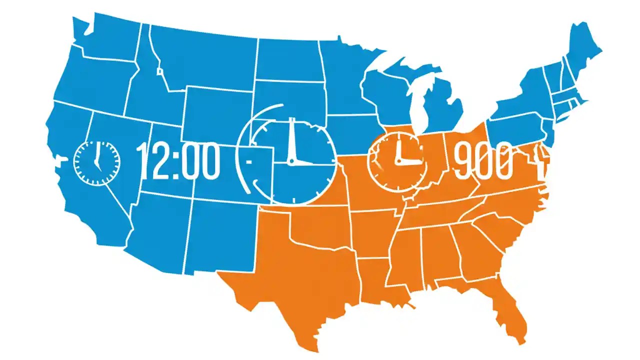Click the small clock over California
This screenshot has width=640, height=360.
97,162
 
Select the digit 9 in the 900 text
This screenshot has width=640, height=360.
463,161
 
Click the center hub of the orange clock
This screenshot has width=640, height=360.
398,161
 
